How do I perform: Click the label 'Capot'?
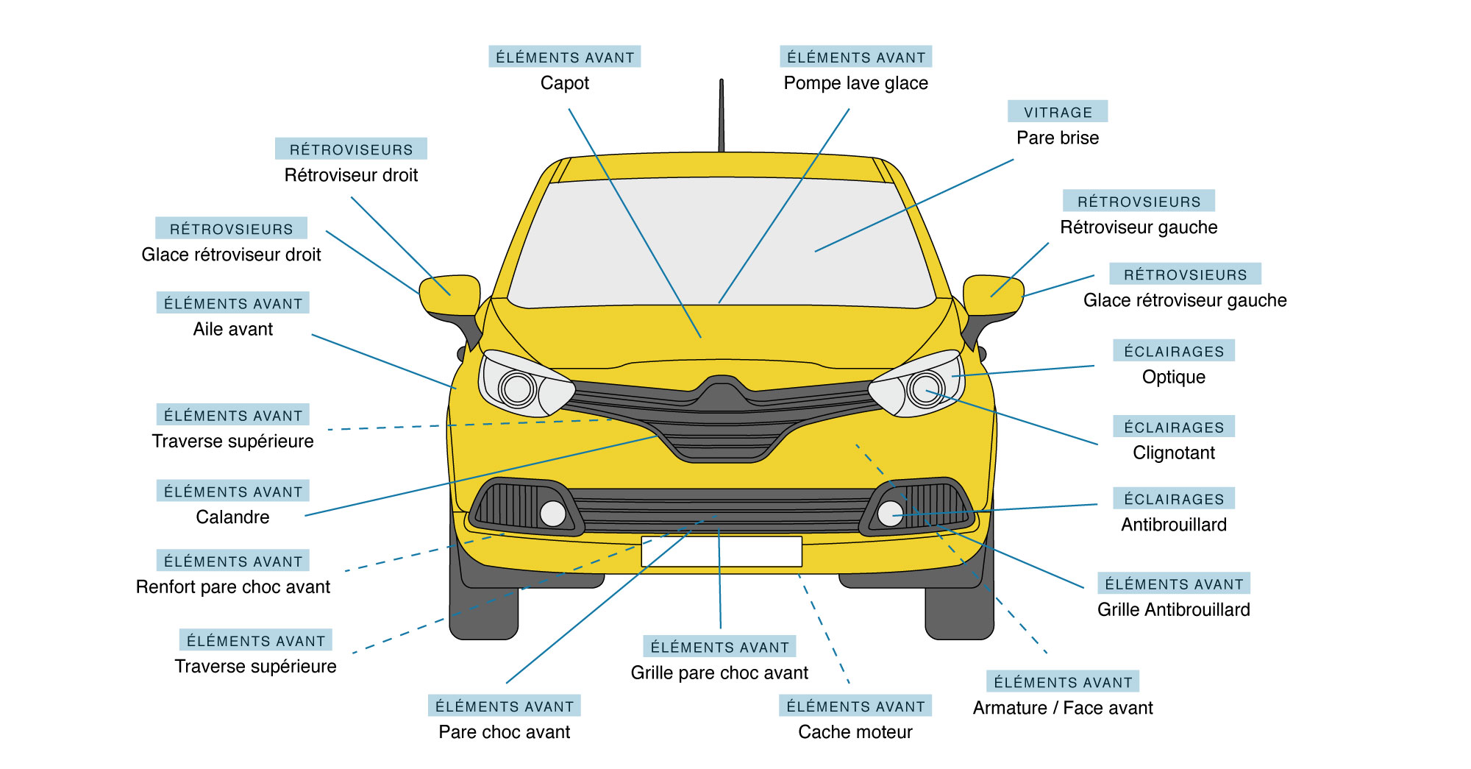click(564, 83)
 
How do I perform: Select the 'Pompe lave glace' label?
click(855, 83)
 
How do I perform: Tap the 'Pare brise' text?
click(1057, 138)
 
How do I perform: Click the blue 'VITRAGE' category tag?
click(1057, 112)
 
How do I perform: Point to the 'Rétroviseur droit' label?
click(351, 175)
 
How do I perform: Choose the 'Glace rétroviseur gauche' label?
click(1184, 300)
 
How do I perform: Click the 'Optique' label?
click(1173, 377)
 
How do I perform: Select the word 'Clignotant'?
click(1173, 453)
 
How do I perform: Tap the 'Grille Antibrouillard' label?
click(1173, 609)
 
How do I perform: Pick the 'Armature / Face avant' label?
click(1062, 708)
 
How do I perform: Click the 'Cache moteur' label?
click(855, 732)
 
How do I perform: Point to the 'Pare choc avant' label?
click(504, 732)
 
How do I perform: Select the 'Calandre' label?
click(232, 517)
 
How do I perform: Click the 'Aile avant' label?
click(232, 329)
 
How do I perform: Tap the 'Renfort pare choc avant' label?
click(232, 587)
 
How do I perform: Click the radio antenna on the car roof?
click(721, 118)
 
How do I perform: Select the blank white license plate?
click(721, 552)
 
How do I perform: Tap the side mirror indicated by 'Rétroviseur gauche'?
click(992, 295)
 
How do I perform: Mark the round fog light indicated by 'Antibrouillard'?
click(890, 513)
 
